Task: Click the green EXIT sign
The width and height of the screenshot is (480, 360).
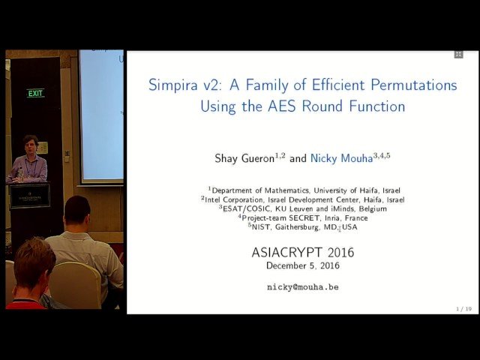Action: [35, 93]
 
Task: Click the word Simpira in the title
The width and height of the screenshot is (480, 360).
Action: [175, 85]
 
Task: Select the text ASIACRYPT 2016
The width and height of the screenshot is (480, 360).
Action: [303, 253]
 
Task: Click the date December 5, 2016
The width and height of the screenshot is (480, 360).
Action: [303, 265]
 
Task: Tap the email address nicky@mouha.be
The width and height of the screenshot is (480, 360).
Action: [303, 286]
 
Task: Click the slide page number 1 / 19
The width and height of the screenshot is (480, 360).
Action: [463, 308]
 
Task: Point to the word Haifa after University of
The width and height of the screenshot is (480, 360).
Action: [357, 190]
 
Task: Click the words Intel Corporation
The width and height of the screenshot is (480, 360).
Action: [237, 199]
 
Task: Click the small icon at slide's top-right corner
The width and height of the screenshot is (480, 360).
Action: [458, 54]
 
